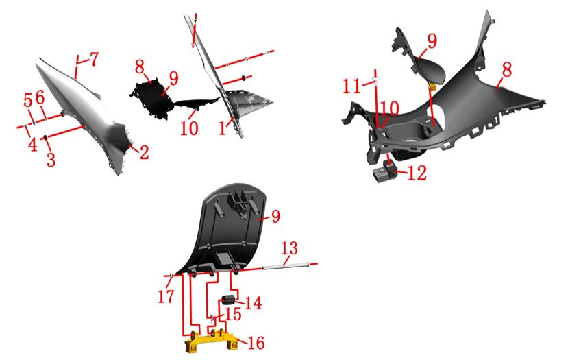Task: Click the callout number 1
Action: pos(222,128)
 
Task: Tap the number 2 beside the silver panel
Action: pos(144,152)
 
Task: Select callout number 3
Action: pos(51,159)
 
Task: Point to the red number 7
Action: pos(33,145)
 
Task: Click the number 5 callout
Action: pos(28,99)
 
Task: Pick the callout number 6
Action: pos(40,97)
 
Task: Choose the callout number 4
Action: pos(95,59)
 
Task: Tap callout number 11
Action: pos(351,86)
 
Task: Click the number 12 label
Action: pos(417,173)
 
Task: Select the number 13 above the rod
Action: pos(289,248)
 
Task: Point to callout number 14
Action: pos(254,303)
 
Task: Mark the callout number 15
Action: pos(233,314)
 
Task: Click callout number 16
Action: pos(256,343)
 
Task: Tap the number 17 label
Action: pos(166,297)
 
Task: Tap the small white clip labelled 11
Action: pos(375,80)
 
